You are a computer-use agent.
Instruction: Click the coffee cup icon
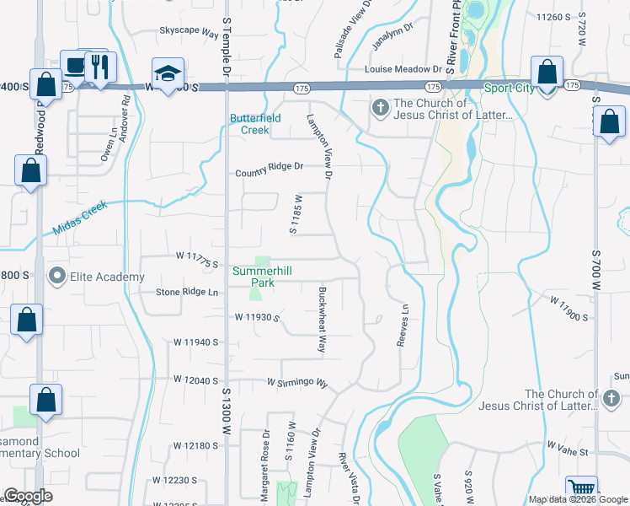pos(74,66)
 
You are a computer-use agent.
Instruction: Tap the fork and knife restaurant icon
pos(100,66)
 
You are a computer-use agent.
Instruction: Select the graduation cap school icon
pos(168,73)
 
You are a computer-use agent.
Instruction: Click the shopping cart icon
pos(581,490)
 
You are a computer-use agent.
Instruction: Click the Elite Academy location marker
pos(57,275)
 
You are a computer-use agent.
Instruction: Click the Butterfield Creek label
pos(261,124)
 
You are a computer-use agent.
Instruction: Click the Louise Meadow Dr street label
pos(403,69)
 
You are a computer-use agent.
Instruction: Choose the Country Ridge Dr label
pos(268,167)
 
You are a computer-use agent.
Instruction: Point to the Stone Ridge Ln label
pos(187,293)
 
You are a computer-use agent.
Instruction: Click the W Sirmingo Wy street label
pos(296,382)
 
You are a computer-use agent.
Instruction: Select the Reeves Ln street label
pos(403,326)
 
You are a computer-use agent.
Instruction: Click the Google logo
pos(29,496)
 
